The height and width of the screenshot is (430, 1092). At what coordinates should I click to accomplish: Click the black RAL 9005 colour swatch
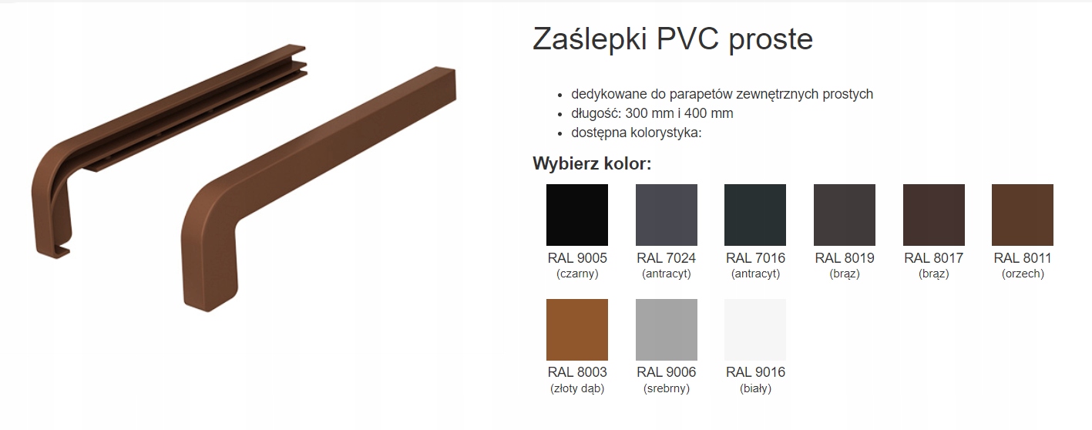tap(576, 215)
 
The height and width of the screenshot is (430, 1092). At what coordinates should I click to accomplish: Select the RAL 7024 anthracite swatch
tap(666, 215)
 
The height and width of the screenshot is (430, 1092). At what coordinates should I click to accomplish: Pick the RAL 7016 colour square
tap(755, 215)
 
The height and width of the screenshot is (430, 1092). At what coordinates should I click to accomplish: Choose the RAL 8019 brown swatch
tap(845, 215)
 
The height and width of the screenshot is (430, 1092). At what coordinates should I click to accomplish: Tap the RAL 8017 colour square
tap(933, 215)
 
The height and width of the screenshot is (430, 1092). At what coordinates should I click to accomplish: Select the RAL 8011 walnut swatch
tap(1023, 215)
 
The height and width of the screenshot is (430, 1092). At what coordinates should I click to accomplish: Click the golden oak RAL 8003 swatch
tap(576, 330)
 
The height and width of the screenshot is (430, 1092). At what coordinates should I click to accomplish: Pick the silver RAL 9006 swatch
tap(666, 330)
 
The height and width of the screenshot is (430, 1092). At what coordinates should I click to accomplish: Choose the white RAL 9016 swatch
tap(755, 330)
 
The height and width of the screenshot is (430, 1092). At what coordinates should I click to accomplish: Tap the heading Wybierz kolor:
tap(592, 163)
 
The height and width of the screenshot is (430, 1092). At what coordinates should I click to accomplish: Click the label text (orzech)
tap(1023, 274)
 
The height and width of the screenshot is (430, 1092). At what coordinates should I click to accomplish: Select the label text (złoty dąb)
tap(576, 388)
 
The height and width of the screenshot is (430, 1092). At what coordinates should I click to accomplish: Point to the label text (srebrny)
tap(666, 388)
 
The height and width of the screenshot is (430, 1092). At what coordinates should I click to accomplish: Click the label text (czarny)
tap(576, 274)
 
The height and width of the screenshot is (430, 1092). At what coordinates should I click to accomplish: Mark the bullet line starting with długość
tap(652, 113)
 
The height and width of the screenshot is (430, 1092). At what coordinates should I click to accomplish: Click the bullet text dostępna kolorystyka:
tap(637, 133)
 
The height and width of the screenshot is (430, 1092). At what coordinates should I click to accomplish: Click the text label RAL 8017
tap(933, 258)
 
